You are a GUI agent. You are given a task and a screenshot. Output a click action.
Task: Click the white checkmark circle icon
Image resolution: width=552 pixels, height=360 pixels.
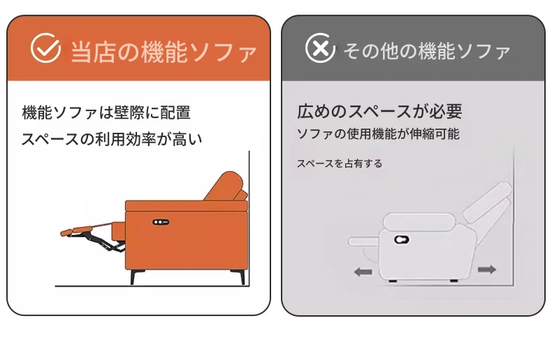(x=45, y=48)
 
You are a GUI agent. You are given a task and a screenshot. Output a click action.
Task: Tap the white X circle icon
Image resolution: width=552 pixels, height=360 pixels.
(x=320, y=48)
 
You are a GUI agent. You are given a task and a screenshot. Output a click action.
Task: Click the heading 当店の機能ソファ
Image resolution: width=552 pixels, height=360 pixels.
(x=164, y=52)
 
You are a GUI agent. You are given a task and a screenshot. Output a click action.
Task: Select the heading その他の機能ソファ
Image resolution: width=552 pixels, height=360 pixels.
(x=427, y=51)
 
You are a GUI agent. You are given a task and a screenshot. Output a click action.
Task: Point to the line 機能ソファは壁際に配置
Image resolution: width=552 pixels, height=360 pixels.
(x=106, y=113)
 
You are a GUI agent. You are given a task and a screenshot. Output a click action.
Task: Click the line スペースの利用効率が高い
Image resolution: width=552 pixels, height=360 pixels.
(x=112, y=139)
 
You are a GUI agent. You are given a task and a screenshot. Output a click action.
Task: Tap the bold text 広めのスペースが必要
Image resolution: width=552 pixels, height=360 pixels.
(x=379, y=112)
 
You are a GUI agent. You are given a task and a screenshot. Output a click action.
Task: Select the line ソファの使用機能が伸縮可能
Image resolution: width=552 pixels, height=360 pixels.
(x=378, y=134)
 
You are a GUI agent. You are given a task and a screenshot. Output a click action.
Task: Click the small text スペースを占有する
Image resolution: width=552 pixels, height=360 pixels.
(x=340, y=164)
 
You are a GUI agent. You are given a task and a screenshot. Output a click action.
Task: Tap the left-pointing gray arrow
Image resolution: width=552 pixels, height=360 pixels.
(x=363, y=272)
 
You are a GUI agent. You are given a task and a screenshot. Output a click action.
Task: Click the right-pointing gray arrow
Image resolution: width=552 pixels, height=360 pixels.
(x=487, y=270)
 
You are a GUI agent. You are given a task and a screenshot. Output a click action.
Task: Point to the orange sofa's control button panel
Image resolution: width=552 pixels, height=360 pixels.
(x=161, y=222)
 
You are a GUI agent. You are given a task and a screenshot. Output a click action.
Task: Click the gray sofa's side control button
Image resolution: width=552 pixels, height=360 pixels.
(x=401, y=240)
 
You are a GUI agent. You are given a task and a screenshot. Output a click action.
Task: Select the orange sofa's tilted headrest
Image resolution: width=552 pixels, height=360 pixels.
(x=225, y=186)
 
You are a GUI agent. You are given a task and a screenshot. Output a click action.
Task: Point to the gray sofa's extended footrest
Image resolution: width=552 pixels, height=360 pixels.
(x=364, y=241)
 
